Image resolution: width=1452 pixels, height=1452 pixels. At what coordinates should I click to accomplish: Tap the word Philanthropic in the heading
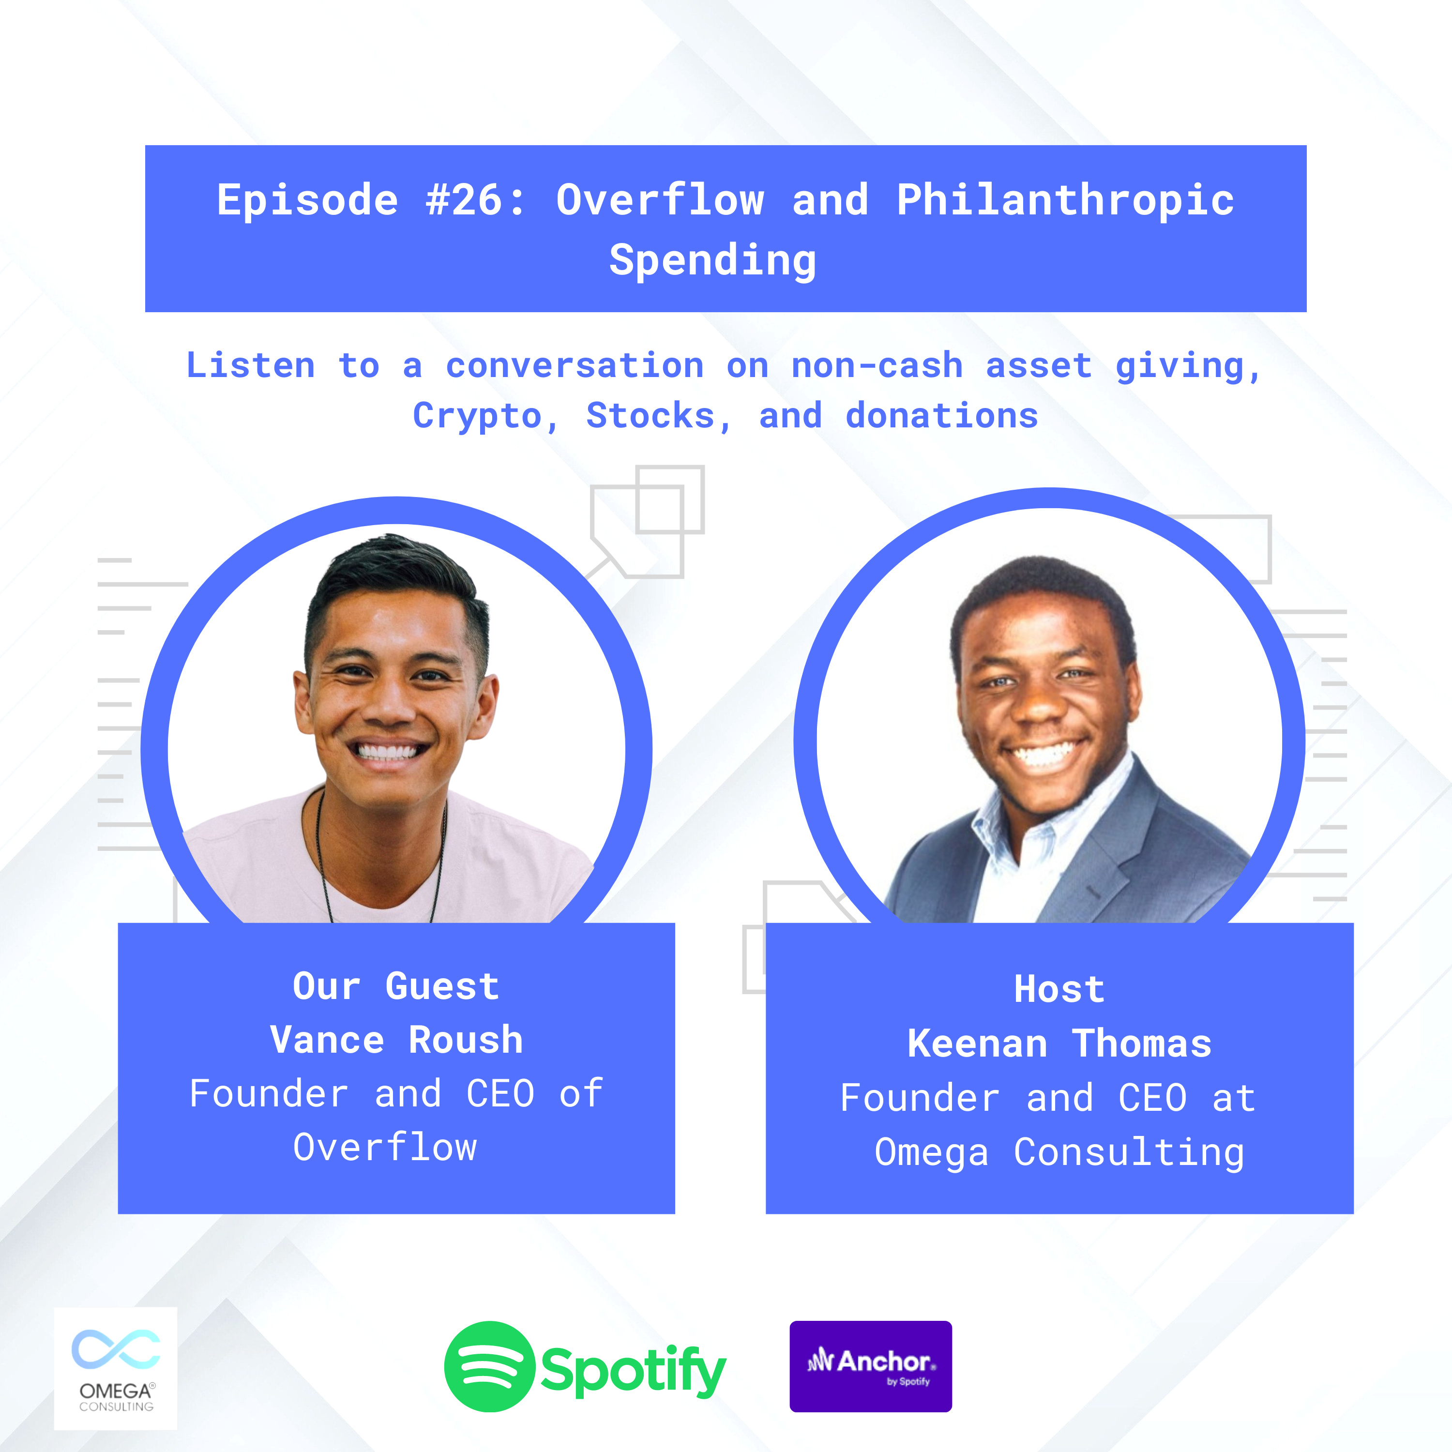pos(1065,201)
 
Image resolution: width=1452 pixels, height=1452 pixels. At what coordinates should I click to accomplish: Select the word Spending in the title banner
pos(712,261)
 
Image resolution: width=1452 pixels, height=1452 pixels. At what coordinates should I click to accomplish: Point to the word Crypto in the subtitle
pos(477,416)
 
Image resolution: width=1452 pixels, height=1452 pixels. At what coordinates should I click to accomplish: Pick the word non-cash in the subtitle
pos(877,366)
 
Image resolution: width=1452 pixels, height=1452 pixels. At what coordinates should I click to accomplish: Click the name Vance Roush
pos(396,1040)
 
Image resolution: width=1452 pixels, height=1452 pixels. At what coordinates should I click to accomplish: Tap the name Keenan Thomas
pos(1059,1044)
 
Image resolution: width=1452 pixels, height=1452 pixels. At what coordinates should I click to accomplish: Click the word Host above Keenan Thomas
pos(1059,989)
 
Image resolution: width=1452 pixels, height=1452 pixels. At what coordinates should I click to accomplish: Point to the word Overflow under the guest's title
pos(385,1148)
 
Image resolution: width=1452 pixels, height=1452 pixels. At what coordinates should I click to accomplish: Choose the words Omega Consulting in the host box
pos(1059,1152)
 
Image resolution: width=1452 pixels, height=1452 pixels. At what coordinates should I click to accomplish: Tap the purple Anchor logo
pos(870,1366)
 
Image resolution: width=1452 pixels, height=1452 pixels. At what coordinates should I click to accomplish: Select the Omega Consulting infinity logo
pos(116,1349)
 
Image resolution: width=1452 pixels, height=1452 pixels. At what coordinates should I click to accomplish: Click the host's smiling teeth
pos(1044,752)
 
